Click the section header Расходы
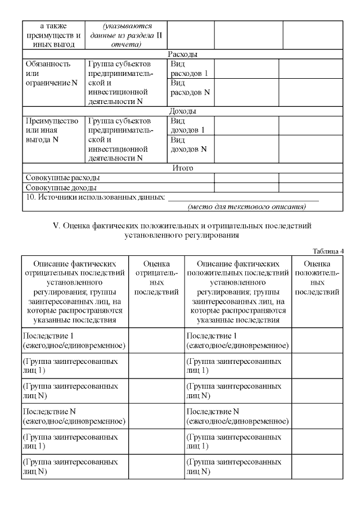pos(182,55)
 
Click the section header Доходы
pos(182,111)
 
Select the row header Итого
pos(182,168)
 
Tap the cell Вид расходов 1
pos(189,69)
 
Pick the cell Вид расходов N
pos(190,88)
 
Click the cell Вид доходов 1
pos(187,125)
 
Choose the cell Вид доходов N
pos(188,145)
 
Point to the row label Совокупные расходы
pos(59,178)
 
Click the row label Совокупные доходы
pos(58,187)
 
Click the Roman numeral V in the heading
pos(56,226)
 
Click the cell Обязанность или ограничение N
pos(52,74)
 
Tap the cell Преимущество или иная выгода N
pos(52,130)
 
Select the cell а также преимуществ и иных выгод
pos(53,35)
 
